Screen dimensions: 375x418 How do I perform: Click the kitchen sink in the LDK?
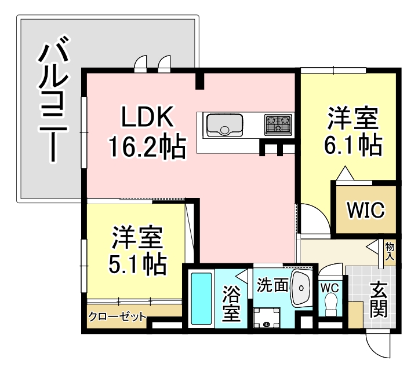pyautogui.click(x=224, y=125)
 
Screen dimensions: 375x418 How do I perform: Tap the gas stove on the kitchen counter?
pyautogui.click(x=278, y=124)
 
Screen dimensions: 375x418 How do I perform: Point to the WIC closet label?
pyautogui.click(x=365, y=210)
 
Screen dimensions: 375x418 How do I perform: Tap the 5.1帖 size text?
pyautogui.click(x=138, y=264)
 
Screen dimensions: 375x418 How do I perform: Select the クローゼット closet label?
pyautogui.click(x=117, y=317)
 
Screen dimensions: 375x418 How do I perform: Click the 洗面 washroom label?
pyautogui.click(x=272, y=285)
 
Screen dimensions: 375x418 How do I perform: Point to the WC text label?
pyautogui.click(x=329, y=286)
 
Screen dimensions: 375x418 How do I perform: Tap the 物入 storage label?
pyautogui.click(x=390, y=250)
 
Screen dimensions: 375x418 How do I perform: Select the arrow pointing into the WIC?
pyautogui.click(x=344, y=172)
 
